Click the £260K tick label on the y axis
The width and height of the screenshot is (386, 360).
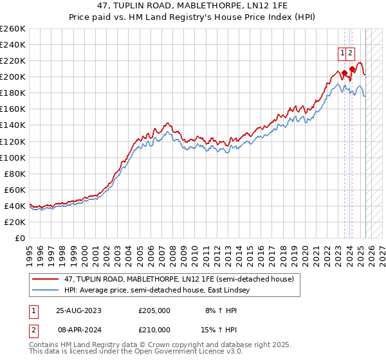point(12,29)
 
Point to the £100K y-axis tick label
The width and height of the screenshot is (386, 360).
point(12,157)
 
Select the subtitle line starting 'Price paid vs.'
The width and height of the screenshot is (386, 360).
point(193,17)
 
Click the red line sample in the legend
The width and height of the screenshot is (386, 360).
point(46,279)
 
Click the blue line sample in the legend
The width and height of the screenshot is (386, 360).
point(46,291)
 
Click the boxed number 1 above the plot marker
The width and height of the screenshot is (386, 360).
point(342,53)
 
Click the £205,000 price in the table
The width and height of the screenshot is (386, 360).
point(154,310)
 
